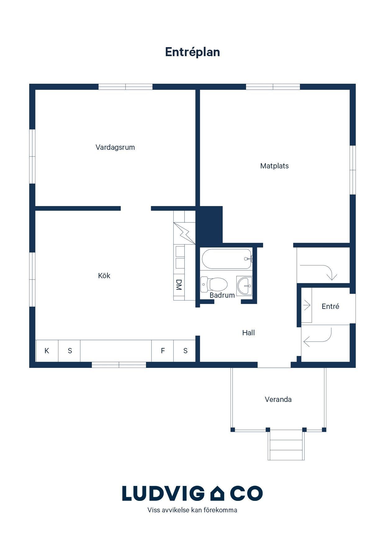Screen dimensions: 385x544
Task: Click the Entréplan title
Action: pos(192,52)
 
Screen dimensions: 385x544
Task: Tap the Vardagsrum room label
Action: pos(115,147)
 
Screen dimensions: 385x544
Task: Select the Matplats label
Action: pos(274,166)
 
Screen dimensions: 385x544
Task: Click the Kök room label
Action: pos(104,275)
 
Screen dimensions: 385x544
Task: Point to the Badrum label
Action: pos(222,295)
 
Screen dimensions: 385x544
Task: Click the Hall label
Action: pos(248,333)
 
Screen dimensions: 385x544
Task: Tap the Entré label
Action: pos(330,306)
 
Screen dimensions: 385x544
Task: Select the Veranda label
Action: pos(278,399)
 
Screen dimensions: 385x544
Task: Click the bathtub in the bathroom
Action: pos(227,259)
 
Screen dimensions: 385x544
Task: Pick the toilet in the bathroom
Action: pos(214,284)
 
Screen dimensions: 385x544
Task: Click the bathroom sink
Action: pos(244,285)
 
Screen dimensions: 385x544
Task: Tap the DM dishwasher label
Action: pos(179,285)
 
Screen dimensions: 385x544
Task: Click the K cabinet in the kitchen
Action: pos(47,351)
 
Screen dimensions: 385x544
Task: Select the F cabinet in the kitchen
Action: pos(162,351)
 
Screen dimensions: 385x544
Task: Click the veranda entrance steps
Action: pos(286,445)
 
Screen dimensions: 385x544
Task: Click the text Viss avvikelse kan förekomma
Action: pos(192,510)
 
